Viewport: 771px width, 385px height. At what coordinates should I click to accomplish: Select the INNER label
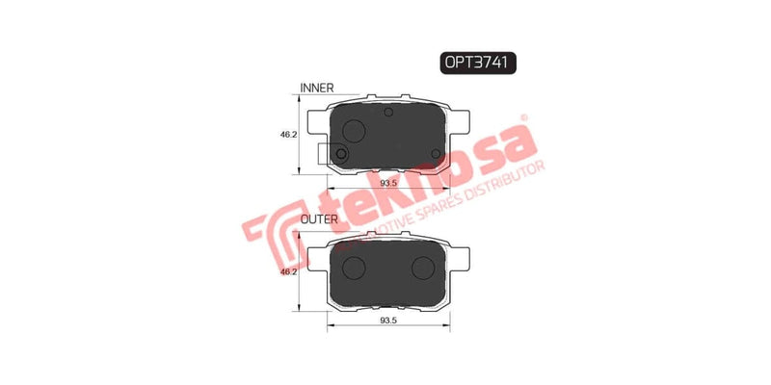coord(317,88)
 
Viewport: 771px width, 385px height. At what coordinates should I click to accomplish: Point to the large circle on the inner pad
coord(354,132)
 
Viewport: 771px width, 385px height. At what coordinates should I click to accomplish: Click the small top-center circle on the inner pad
coord(388,114)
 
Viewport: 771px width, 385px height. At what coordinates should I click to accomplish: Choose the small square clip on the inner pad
coord(338,153)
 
